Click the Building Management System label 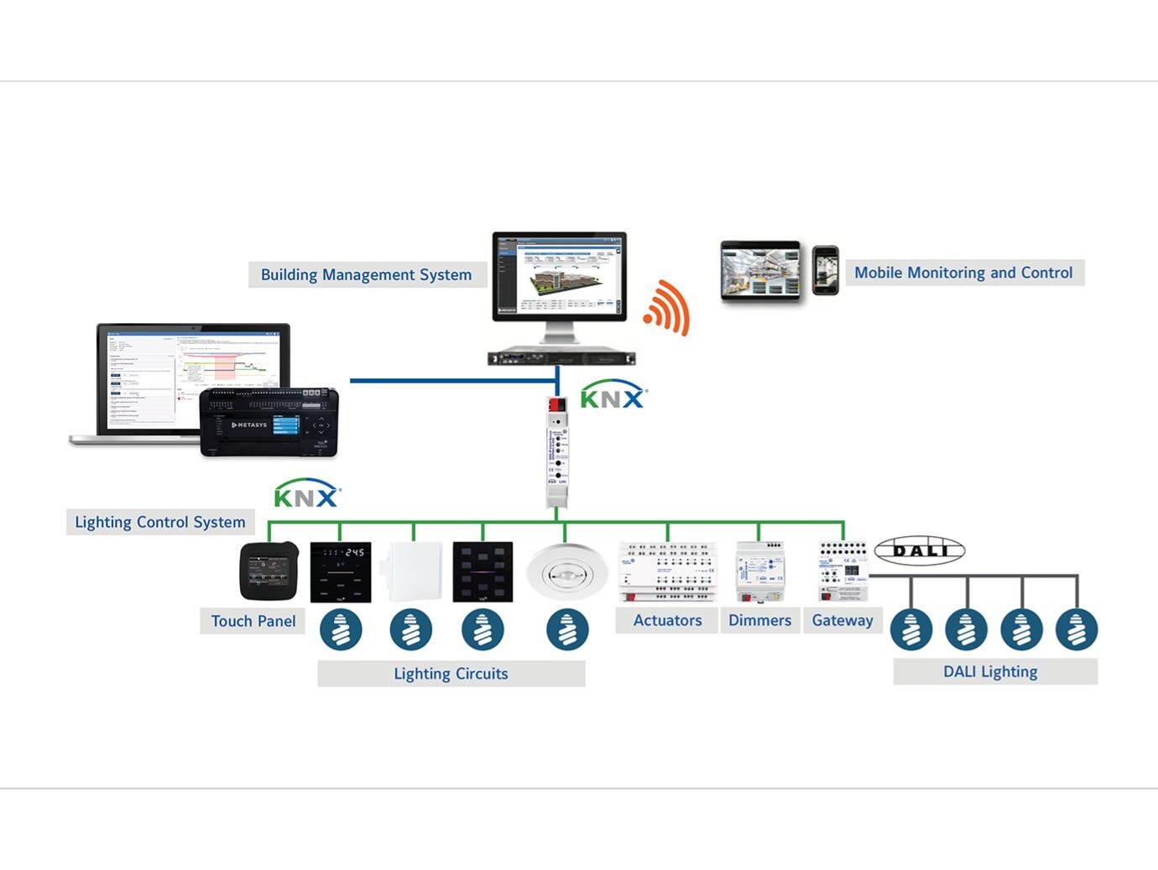tap(367, 275)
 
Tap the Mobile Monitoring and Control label tap(963, 273)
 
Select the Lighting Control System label tap(160, 522)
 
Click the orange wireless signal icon tap(668, 308)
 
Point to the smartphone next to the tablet tap(826, 270)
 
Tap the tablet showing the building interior tap(761, 271)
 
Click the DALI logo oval tap(920, 551)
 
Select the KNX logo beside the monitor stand tap(613, 397)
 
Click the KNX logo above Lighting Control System tap(306, 497)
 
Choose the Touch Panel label tap(253, 621)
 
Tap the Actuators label tap(667, 620)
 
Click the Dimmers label tap(759, 620)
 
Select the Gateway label tap(842, 620)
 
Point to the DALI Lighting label tap(990, 672)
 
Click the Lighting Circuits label tap(451, 674)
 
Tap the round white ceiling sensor tap(566, 573)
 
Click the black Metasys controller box tap(269, 423)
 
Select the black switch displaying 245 tap(341, 572)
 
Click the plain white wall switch tap(412, 571)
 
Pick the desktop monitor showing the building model tap(560, 277)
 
